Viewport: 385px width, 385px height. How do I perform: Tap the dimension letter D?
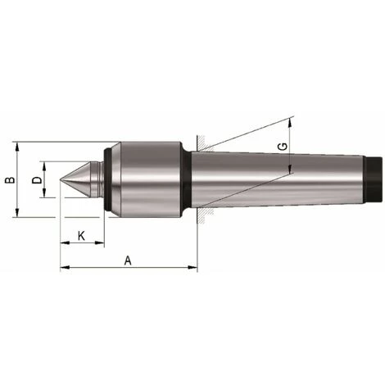tap(36, 179)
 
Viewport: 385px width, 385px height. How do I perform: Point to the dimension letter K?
tap(81, 235)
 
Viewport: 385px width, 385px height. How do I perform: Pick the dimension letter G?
tap(283, 147)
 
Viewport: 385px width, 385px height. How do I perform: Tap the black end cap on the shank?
tap(376, 180)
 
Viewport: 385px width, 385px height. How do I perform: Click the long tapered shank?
tap(279, 180)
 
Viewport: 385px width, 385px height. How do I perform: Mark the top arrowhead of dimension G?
tap(291, 124)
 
